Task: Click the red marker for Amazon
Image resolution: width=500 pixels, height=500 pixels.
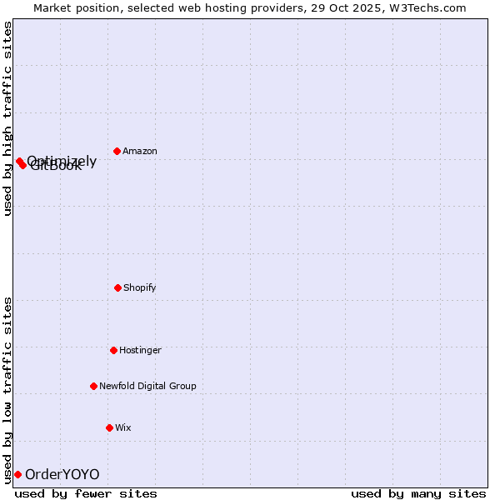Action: coord(117,151)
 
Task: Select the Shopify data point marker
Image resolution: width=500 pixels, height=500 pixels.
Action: coord(117,287)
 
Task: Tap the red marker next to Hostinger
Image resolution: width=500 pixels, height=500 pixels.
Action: coord(113,350)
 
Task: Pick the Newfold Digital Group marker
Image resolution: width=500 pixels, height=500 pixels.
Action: coord(93,386)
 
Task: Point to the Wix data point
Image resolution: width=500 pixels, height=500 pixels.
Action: coord(109,427)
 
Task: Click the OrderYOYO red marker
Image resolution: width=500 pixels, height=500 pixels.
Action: coord(17,474)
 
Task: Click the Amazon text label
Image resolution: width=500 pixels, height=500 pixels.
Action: coord(140,151)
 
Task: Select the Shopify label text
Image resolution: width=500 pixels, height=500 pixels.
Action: coord(140,287)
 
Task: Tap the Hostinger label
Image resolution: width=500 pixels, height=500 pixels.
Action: coord(140,350)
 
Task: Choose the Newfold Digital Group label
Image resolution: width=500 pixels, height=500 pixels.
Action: coord(147,386)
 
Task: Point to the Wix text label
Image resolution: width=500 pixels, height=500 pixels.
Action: coord(123,427)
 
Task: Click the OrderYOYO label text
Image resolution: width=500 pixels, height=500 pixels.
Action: coord(62,475)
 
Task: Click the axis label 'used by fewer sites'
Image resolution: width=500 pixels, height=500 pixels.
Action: coord(86,493)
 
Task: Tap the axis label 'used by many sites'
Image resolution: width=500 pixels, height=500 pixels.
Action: coord(418,493)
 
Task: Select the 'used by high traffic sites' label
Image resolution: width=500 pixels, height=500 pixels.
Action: coord(7,118)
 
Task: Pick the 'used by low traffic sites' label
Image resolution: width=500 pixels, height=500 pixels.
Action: coord(7,389)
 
